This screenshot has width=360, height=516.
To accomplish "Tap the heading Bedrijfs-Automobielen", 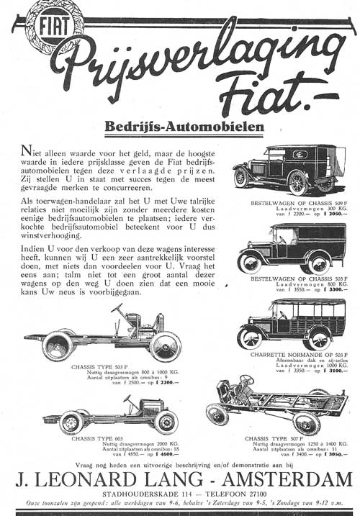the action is coord(184,127).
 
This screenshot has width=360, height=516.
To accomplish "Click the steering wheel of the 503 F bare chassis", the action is coord(117,310).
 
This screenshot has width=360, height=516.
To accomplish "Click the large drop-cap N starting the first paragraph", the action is coord(27,150).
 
